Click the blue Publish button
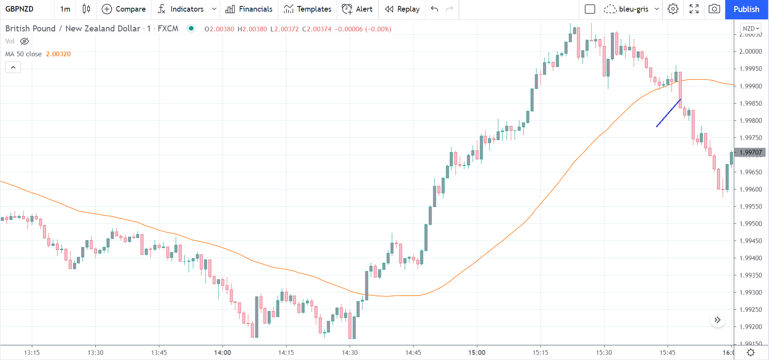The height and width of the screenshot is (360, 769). click(x=746, y=9)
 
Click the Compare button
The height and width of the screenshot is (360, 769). click(x=124, y=9)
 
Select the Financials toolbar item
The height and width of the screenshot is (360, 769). click(x=249, y=9)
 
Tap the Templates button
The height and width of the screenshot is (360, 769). click(x=307, y=9)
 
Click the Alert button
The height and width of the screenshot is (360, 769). click(x=357, y=9)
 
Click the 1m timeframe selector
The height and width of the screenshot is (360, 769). click(x=65, y=9)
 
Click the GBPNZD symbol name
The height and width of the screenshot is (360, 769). click(x=19, y=9)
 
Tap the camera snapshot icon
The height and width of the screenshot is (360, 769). click(x=714, y=9)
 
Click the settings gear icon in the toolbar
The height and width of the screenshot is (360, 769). click(x=673, y=9)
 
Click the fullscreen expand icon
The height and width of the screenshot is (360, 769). click(x=694, y=9)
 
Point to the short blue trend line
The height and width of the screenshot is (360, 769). click(x=668, y=113)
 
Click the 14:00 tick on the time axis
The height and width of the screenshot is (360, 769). click(x=222, y=353)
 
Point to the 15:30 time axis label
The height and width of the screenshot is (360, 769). click(x=604, y=353)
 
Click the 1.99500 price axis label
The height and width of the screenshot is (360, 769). click(x=751, y=224)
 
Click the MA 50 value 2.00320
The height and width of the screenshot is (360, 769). click(x=58, y=54)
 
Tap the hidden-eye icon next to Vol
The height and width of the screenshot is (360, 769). click(x=24, y=41)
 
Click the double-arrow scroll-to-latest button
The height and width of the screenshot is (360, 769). click(x=717, y=320)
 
